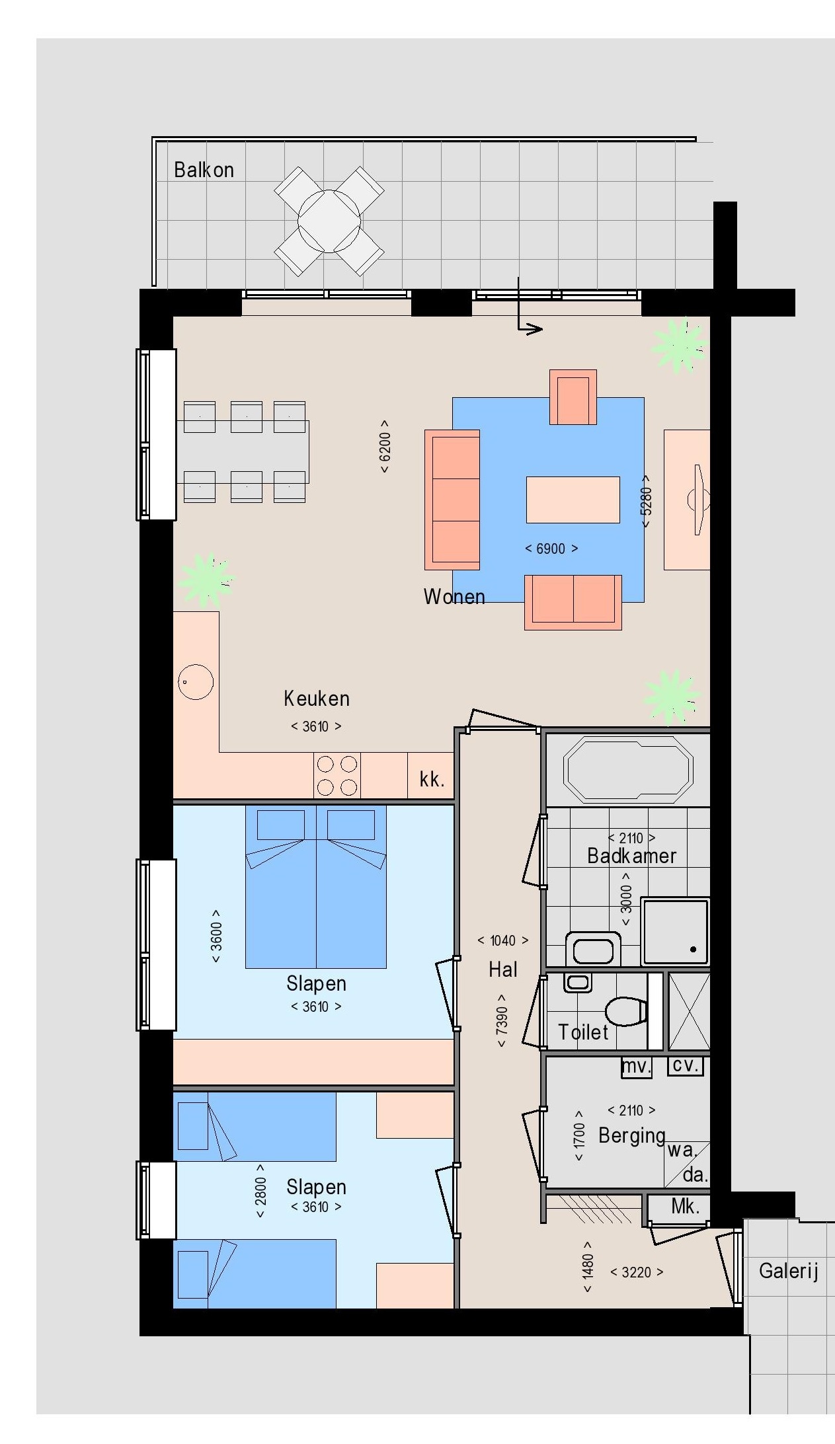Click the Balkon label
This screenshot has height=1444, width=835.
[204, 170]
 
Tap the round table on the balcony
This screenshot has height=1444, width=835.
[329, 221]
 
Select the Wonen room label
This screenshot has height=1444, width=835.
[454, 597]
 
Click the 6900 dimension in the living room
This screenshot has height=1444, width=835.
[551, 549]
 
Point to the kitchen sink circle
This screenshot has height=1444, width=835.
[196, 681]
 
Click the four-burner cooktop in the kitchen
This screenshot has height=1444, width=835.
[337, 776]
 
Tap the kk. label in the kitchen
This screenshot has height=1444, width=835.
[432, 779]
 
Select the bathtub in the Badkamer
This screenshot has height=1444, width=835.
[627, 770]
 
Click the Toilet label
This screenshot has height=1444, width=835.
[583, 1032]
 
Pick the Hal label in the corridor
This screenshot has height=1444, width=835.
[502, 969]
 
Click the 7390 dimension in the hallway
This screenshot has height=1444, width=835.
[502, 1020]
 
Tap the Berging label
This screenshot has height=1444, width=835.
[631, 1135]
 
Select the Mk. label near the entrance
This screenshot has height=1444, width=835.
[685, 1206]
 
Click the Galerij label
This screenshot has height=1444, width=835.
[789, 1270]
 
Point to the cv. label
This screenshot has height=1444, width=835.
[686, 1065]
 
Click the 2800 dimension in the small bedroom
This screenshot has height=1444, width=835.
[260, 1191]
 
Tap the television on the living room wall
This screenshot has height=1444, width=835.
[699, 500]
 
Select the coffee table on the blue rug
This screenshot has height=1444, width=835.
[573, 500]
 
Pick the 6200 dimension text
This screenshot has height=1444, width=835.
[385, 447]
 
